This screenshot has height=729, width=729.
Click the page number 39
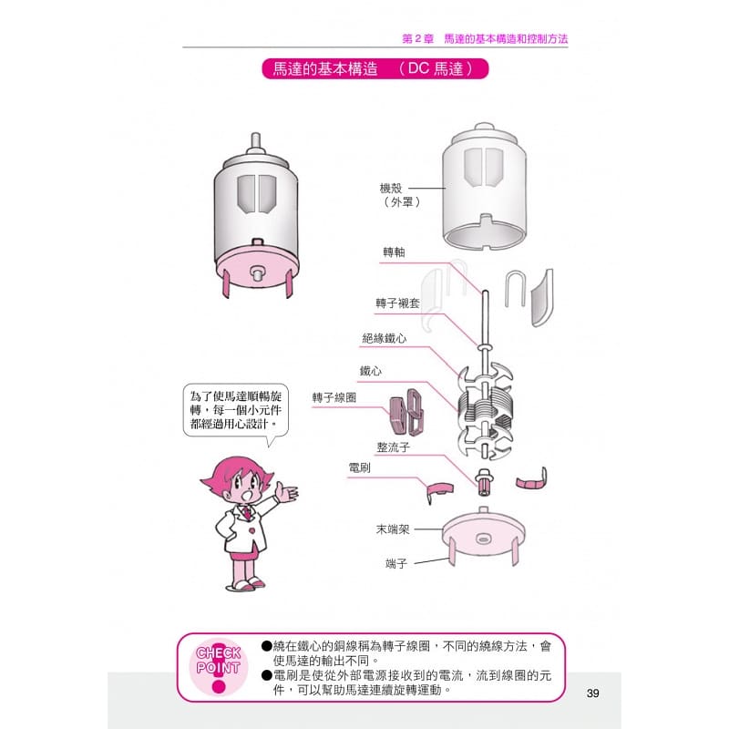click(592, 693)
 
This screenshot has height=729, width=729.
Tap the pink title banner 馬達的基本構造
click(375, 69)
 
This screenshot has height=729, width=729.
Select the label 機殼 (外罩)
click(399, 195)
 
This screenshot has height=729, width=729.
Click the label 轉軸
click(394, 252)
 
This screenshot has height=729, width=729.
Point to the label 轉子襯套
click(397, 303)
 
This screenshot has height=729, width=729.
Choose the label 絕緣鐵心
click(384, 338)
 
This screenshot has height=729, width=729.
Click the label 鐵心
click(371, 371)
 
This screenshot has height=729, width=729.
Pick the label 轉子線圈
click(334, 397)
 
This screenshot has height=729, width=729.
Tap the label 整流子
click(394, 447)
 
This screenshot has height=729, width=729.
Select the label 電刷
click(360, 467)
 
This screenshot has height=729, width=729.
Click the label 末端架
click(393, 529)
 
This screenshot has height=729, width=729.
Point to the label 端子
click(396, 563)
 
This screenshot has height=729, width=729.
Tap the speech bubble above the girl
click(235, 410)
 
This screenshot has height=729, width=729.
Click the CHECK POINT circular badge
click(219, 667)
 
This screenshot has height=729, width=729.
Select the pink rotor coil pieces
click(406, 412)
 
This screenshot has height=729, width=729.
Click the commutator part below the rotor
click(484, 483)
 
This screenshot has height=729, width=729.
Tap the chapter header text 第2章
click(417, 38)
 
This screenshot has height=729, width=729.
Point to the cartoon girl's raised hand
click(287, 491)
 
